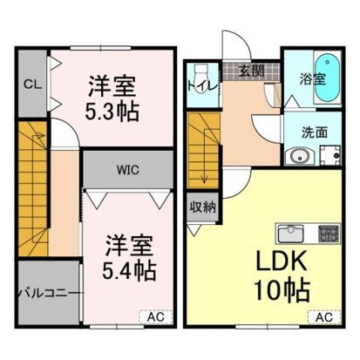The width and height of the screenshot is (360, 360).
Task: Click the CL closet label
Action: [x=31, y=84]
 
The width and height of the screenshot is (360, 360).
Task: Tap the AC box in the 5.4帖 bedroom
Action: [x=150, y=318]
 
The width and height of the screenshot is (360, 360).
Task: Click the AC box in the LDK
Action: [x=323, y=318]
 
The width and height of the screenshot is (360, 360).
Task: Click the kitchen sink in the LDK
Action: [x=289, y=233]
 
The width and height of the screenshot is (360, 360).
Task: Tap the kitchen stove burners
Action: [x=328, y=233]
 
